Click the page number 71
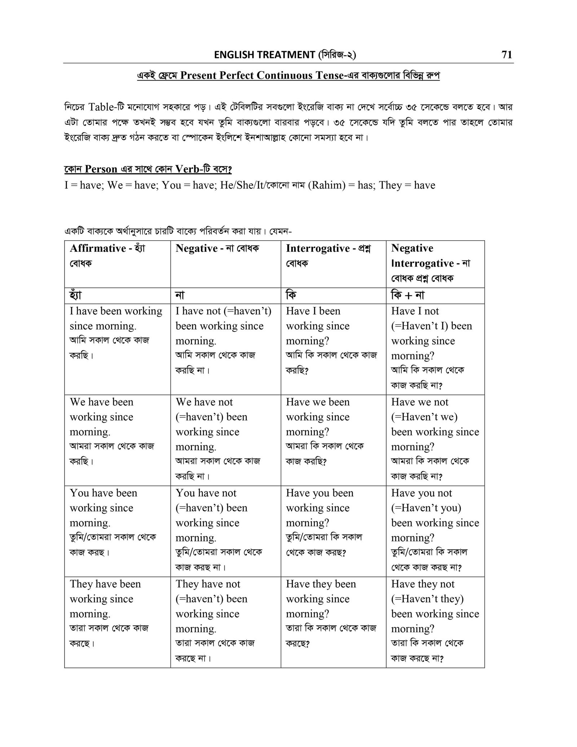506,54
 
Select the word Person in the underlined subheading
101,169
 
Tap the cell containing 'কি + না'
435,295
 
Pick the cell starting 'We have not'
225,440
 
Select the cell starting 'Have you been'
333,531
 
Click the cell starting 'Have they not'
435,621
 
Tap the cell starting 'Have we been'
333,440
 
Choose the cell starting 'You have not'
225,531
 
